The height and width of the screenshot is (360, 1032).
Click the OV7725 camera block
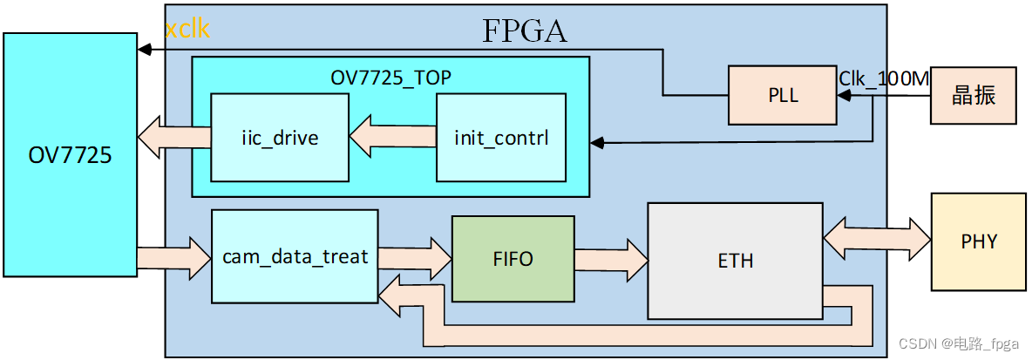pyautogui.click(x=70, y=155)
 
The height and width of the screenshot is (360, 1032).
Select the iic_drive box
pyautogui.click(x=280, y=138)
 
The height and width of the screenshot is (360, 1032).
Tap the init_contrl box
pyautogui.click(x=501, y=138)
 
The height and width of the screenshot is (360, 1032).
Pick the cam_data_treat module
pyautogui.click(x=295, y=257)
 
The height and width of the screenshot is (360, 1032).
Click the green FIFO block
pyautogui.click(x=513, y=259)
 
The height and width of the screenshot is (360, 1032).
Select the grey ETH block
pyautogui.click(x=735, y=260)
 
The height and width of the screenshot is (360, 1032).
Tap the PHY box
pyautogui.click(x=978, y=241)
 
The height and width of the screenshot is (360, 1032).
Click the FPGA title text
pyautogui.click(x=525, y=31)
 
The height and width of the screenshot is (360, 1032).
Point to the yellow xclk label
pyautogui.click(x=187, y=29)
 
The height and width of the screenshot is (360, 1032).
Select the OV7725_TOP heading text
pyautogui.click(x=390, y=77)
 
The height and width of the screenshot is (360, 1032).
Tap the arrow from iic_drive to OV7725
pyautogui.click(x=173, y=138)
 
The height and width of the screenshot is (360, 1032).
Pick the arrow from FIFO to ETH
pyautogui.click(x=610, y=258)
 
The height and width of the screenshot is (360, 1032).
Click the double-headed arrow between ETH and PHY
pyautogui.click(x=877, y=237)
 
